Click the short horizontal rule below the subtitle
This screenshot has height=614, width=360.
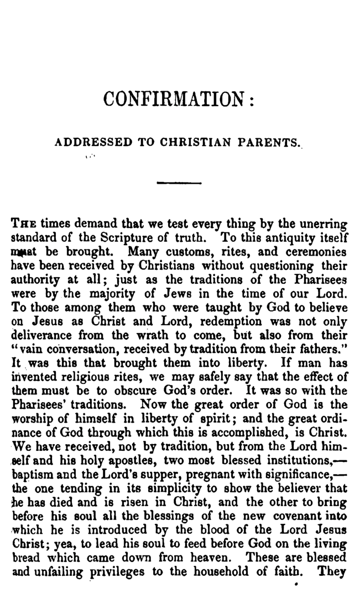point(179,182)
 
